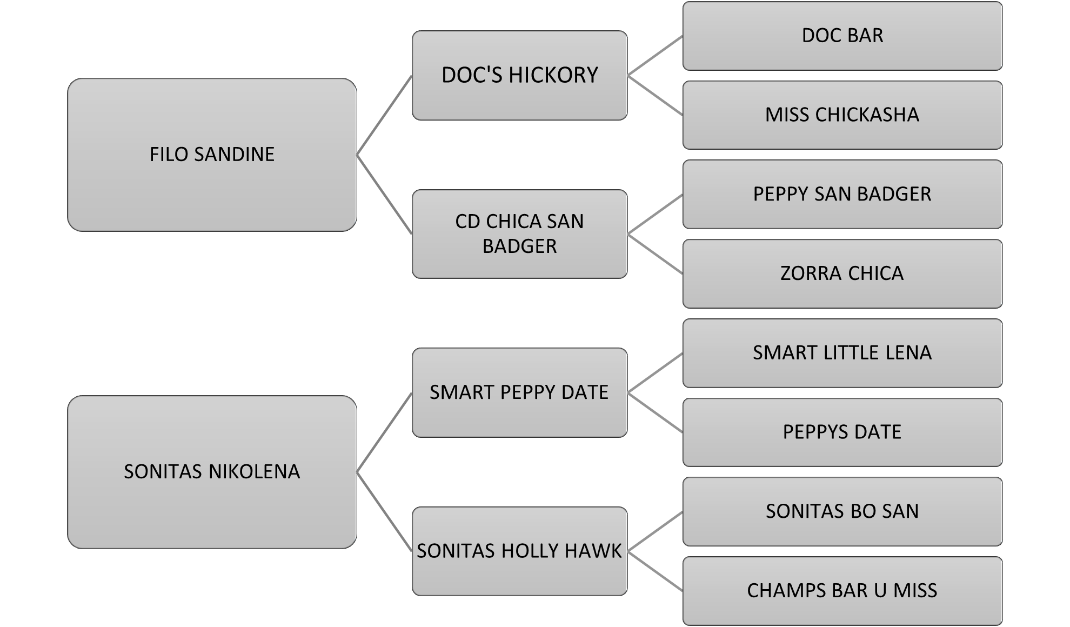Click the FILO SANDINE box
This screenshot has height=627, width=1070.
click(x=212, y=155)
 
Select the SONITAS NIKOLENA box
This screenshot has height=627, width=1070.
click(x=212, y=472)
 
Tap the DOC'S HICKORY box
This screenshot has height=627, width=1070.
click(x=519, y=75)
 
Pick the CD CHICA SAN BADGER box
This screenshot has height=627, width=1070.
click(x=519, y=234)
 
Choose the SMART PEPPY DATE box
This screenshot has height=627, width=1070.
click(x=519, y=392)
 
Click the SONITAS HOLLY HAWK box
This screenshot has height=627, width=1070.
click(x=519, y=551)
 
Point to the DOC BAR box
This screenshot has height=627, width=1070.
click(x=842, y=36)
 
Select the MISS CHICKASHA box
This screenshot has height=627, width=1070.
click(x=842, y=115)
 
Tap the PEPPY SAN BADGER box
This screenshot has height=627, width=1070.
click(x=842, y=194)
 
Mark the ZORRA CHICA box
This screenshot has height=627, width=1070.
click(x=842, y=274)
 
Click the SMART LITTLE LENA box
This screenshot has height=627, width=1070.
click(x=842, y=353)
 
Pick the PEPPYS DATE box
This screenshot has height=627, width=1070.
click(x=842, y=432)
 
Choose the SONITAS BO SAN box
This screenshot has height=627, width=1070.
click(x=842, y=511)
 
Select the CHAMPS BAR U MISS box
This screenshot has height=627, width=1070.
click(x=842, y=591)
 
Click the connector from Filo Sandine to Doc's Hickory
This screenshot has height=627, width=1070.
click(x=384, y=115)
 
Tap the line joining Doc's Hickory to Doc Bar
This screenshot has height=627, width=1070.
click(x=655, y=56)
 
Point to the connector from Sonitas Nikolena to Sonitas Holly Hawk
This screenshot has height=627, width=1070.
click(x=384, y=511)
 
